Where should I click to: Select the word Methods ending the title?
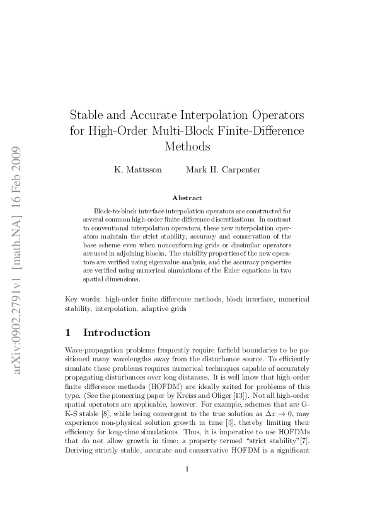pos(187,147)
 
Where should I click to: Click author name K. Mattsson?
pos(137,170)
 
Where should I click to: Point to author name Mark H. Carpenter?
pos(223,170)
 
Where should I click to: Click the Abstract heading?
pos(187,198)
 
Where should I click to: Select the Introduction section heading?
pos(117,332)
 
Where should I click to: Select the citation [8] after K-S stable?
pos(112,419)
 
